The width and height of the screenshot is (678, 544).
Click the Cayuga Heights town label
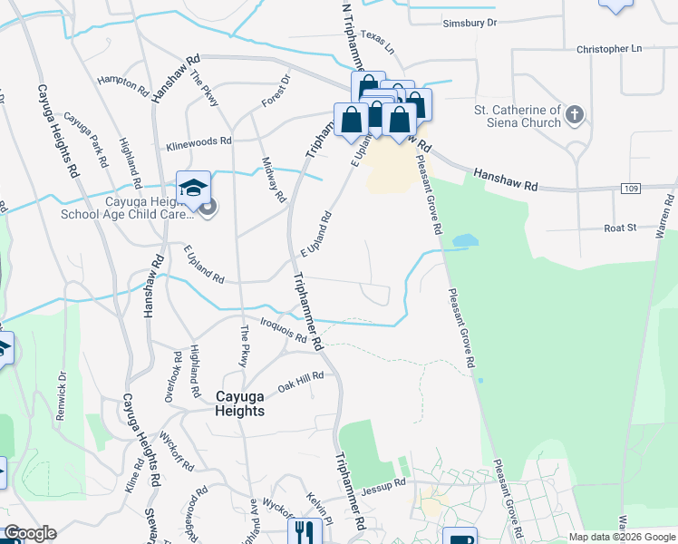coord(240,403)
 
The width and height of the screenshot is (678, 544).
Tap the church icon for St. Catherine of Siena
coord(574,115)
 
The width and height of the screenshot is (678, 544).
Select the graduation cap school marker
coord(193,188)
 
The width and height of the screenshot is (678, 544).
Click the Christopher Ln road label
coord(608,48)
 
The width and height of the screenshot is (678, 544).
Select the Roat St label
coord(621,229)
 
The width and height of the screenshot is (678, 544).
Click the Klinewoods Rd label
coord(199,142)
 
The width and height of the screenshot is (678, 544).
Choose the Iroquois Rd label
coord(282,333)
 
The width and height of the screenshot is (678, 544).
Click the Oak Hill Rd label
coord(301,380)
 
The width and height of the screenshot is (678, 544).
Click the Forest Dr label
coord(275,91)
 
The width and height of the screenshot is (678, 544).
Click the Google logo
coord(30,534)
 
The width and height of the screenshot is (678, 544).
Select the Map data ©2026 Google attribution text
coord(621,537)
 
